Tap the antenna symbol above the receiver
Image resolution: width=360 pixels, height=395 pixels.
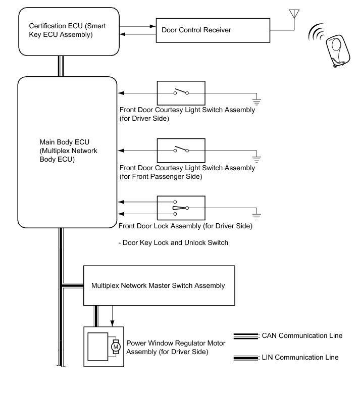click(x=294, y=14)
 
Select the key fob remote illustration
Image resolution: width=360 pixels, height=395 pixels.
click(x=338, y=51)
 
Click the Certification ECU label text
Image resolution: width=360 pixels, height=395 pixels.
click(x=67, y=30)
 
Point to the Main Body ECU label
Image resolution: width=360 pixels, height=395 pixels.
click(x=68, y=151)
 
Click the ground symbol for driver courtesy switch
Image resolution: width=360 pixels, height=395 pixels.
click(x=256, y=102)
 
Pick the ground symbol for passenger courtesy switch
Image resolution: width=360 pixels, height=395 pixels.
click(x=256, y=159)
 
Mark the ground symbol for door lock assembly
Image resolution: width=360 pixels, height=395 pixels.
click(x=256, y=217)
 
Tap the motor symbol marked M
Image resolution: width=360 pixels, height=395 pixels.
click(x=116, y=347)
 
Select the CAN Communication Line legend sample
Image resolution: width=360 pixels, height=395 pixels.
click(x=246, y=336)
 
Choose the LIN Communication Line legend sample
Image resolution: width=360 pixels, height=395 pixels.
click(x=246, y=358)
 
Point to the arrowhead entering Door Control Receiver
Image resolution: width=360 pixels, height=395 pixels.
click(x=153, y=26)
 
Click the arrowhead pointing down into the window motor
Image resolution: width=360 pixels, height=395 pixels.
click(x=112, y=323)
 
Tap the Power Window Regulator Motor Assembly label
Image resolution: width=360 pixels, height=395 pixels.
click(x=176, y=348)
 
